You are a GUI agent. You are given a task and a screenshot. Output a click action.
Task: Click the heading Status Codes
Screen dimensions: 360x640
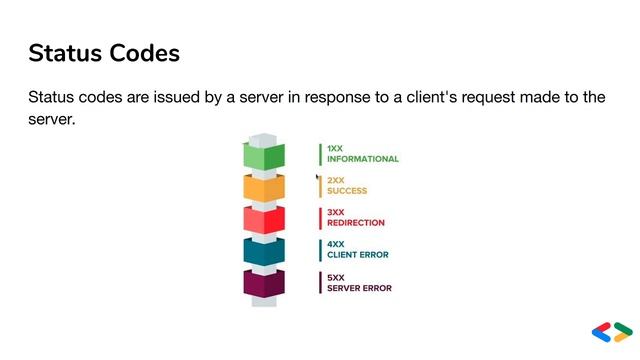104,53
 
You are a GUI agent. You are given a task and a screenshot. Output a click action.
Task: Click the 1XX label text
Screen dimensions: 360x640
335,148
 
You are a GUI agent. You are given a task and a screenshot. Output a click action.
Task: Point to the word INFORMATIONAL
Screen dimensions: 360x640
362,159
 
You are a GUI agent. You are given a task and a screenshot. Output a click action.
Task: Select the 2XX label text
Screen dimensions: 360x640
335,180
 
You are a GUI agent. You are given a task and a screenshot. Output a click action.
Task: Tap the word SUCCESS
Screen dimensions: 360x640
347,191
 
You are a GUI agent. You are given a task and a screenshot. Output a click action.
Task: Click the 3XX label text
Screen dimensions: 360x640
335,212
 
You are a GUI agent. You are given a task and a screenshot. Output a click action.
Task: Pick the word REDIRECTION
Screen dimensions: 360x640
355,223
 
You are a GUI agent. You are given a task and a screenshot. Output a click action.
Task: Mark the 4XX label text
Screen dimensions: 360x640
335,244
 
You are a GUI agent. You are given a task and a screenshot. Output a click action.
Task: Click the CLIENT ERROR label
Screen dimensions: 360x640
357,255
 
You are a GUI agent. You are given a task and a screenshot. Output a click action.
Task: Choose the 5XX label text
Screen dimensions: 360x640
335,277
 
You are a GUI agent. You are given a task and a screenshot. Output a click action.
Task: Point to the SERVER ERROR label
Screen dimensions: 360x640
359,288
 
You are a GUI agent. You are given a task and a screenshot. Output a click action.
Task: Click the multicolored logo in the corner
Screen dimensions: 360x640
612,332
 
